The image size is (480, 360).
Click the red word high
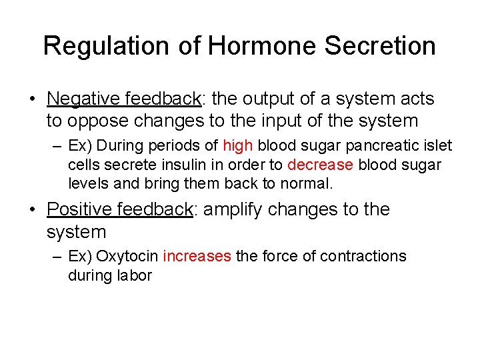tap(238, 146)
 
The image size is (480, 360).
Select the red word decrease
tap(320, 165)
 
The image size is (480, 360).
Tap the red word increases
tap(197, 257)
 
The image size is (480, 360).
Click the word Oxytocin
tap(131, 257)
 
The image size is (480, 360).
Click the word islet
tap(439, 146)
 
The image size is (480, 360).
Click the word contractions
tap(363, 257)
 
